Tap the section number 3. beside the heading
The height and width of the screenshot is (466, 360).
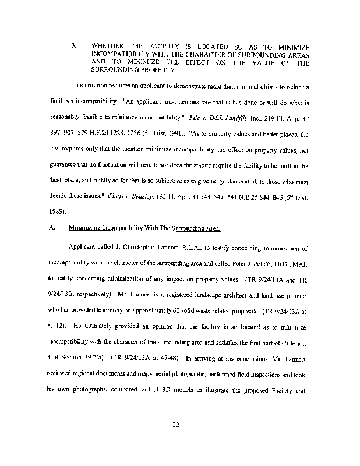[x=72, y=45]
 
